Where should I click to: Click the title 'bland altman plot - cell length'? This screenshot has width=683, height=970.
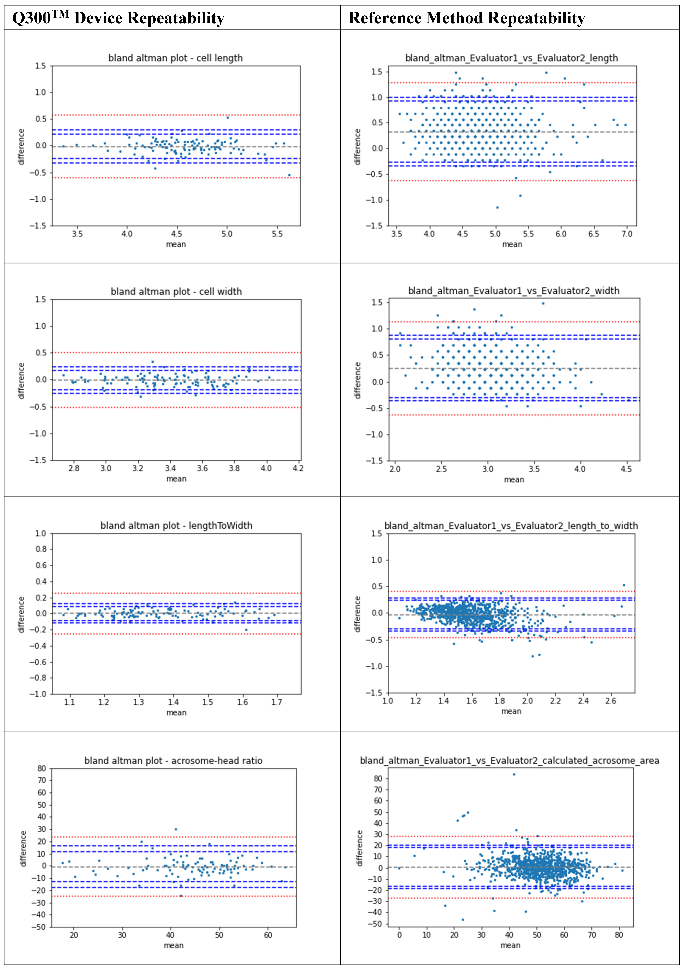coord(175,58)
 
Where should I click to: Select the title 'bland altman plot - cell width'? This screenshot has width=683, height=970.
coord(176,292)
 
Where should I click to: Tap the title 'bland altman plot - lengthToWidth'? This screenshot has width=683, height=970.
coord(176,526)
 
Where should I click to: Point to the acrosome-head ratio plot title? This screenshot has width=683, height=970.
coord(173,760)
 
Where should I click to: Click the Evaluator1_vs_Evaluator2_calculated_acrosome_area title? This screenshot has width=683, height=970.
coord(509,760)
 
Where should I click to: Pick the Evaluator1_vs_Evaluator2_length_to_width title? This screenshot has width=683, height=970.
coord(511,526)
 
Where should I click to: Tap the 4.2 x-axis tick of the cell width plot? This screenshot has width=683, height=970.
coord(298,468)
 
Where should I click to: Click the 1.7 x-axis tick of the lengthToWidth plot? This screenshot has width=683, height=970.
coord(276,702)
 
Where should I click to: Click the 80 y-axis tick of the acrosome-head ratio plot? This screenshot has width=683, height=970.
coord(42,769)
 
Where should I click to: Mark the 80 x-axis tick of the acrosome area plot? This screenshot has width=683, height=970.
coord(619,935)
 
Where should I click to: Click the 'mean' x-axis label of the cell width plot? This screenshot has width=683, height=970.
coord(176,479)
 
